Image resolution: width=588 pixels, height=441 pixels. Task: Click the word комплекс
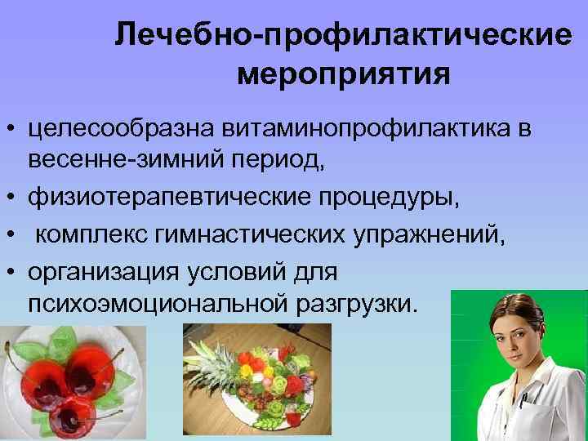coord(94,235)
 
